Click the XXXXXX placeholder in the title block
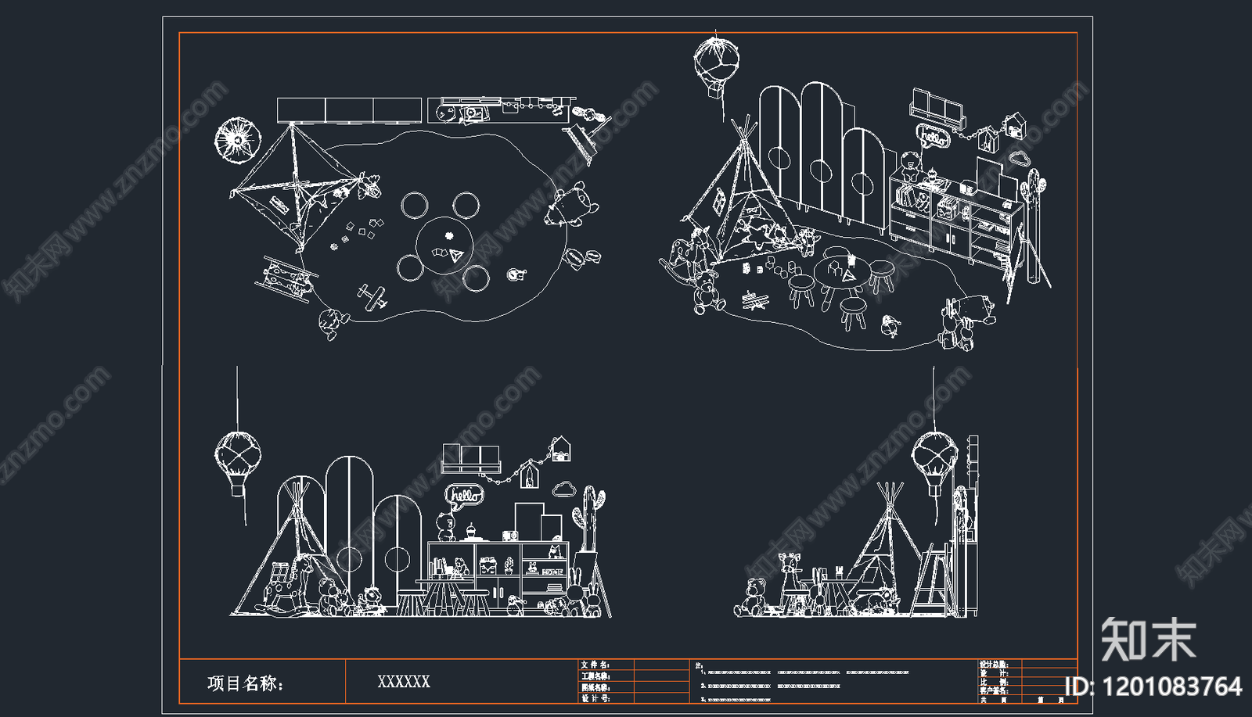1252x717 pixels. click(x=404, y=682)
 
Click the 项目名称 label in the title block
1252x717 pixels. click(x=245, y=683)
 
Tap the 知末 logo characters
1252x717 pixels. click(x=1148, y=640)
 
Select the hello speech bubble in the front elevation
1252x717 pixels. click(x=465, y=495)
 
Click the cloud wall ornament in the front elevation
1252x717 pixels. click(x=564, y=490)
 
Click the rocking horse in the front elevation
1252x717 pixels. click(x=283, y=587)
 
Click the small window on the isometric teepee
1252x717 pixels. click(x=717, y=201)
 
